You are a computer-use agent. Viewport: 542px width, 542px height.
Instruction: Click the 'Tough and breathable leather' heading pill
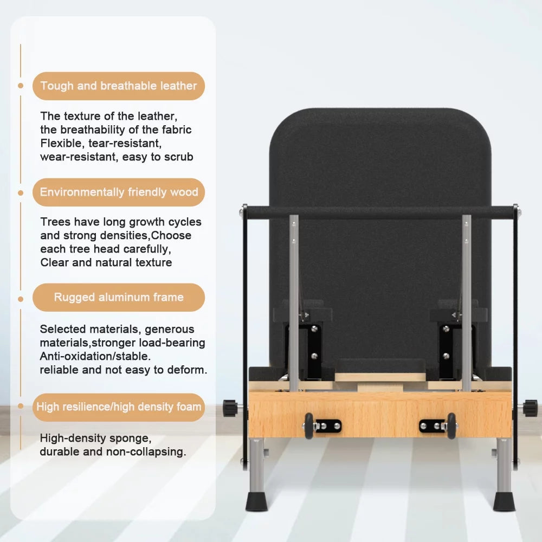coord(119,86)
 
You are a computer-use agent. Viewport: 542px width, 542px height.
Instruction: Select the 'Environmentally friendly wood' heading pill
coord(119,192)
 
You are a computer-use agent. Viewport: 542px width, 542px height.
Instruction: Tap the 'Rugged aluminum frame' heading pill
coord(119,297)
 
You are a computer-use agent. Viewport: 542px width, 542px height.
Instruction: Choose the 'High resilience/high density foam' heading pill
coord(119,407)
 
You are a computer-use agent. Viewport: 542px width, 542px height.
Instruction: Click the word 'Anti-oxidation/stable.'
coord(95,357)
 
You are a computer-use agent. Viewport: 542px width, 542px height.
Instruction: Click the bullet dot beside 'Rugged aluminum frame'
coord(21,299)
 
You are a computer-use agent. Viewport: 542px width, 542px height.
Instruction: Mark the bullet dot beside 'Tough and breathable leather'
coord(21,86)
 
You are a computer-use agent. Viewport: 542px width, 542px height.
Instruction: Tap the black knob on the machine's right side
coord(530,408)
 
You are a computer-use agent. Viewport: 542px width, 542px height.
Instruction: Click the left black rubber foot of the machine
coord(256,502)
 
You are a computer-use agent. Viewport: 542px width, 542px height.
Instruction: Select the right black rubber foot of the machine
coord(504,502)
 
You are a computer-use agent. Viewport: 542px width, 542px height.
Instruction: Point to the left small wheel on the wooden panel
coord(309,426)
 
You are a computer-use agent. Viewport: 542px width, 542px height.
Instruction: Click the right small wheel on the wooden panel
coord(451,426)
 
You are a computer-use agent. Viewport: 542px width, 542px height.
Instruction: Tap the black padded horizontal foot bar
coord(380,211)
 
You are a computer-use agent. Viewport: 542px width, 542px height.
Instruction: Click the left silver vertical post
coord(294,303)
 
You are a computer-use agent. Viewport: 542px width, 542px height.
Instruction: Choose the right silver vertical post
coord(466,303)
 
